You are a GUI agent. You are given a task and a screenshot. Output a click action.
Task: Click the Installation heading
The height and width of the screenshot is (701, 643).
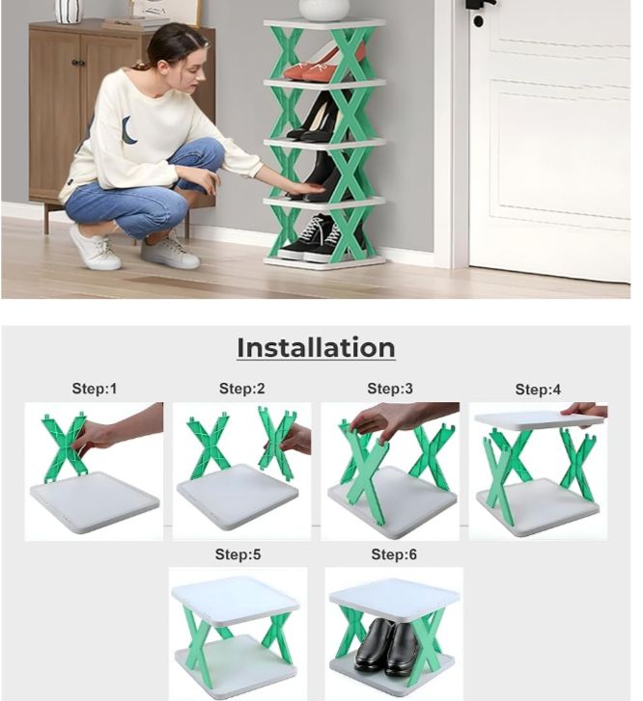[x=316, y=347]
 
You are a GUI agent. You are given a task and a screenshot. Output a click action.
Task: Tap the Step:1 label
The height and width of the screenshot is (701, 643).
[x=95, y=389]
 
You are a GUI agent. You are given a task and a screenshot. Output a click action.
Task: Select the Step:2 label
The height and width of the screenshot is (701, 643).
[x=241, y=389]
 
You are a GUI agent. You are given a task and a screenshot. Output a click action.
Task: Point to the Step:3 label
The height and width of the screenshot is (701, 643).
[x=390, y=389]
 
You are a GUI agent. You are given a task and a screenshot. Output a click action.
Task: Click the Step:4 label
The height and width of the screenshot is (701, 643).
[x=538, y=390]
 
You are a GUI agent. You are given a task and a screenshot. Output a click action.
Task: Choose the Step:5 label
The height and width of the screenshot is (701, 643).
[x=238, y=554]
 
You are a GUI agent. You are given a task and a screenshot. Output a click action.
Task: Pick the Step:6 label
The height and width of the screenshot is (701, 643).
[x=394, y=554]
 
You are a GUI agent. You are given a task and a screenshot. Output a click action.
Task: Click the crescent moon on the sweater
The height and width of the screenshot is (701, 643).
[x=128, y=130]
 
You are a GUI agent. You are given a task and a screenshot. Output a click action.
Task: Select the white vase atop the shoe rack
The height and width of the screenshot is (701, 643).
[x=324, y=10]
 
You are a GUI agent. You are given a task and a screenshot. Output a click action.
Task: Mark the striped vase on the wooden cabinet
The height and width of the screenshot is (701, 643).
[x=69, y=12]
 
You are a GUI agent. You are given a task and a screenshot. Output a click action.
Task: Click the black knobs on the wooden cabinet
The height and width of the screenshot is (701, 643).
[x=78, y=63]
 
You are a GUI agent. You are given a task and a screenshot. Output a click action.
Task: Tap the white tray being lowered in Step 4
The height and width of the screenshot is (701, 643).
[x=538, y=420]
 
